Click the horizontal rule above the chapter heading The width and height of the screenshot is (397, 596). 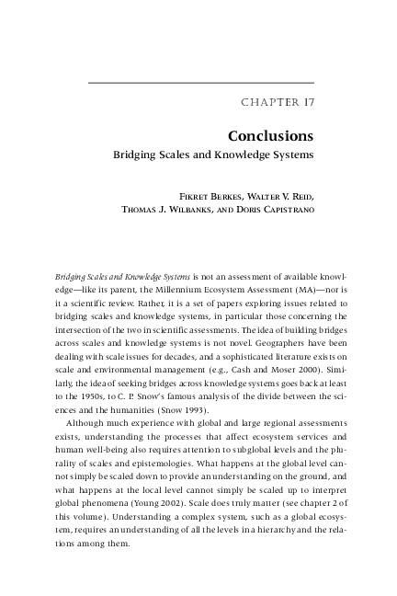point(201,83)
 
